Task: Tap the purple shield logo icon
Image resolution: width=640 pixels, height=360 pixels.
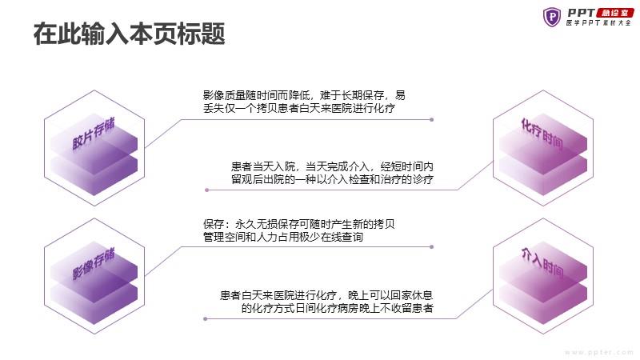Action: [x=552, y=16]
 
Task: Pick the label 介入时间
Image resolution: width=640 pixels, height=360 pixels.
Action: [x=542, y=263]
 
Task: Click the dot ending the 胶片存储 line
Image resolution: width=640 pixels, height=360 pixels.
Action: [x=431, y=120]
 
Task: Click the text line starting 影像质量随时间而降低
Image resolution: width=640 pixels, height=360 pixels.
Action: [x=304, y=94]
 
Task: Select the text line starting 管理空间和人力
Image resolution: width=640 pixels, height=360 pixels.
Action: [x=295, y=237]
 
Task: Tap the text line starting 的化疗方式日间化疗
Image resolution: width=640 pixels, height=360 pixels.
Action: [x=337, y=308]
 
